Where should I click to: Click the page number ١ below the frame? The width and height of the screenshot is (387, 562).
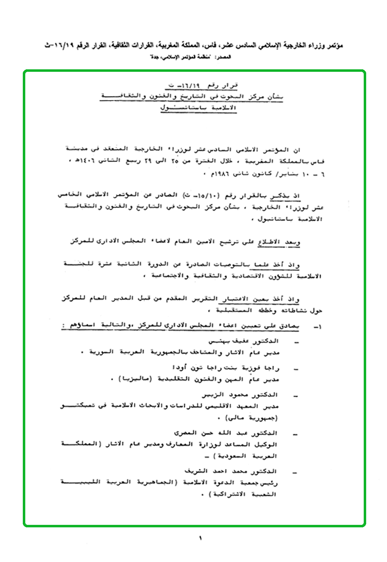tap(201, 538)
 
